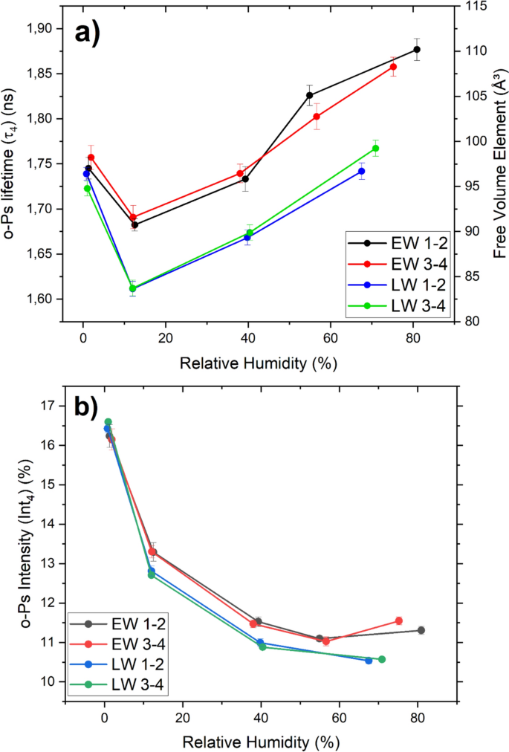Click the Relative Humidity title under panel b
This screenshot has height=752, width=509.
tap(261, 742)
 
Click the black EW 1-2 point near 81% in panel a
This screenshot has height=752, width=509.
tap(417, 49)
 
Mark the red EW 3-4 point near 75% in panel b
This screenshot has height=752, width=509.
tap(399, 620)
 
